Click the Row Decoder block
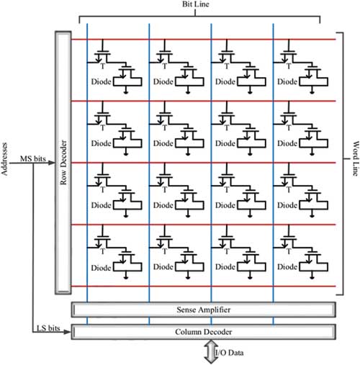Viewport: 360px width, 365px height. pyautogui.click(x=63, y=163)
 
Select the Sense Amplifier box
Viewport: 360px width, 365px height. pyautogui.click(x=203, y=310)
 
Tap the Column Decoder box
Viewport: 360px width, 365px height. pyautogui.click(x=203, y=332)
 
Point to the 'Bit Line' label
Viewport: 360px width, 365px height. pyautogui.click(x=196, y=4)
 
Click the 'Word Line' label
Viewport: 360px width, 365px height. pyautogui.click(x=356, y=158)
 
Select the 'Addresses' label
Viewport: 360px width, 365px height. pyautogui.click(x=4, y=159)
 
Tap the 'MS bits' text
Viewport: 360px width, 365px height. pyautogui.click(x=33, y=158)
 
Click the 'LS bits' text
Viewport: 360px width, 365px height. pyautogui.click(x=48, y=328)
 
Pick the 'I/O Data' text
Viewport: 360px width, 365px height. pyautogui.click(x=229, y=353)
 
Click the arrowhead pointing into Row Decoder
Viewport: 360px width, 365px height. pyautogui.click(x=52, y=163)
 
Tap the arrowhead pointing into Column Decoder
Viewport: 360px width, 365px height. pyautogui.click(x=68, y=332)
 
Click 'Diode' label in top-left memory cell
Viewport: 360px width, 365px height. pyautogui.click(x=101, y=81)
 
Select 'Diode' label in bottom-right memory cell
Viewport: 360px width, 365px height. pyautogui.click(x=287, y=267)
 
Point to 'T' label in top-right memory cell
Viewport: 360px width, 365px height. pyautogui.click(x=289, y=66)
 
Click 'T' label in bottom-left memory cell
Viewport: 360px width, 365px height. pyautogui.click(x=103, y=251)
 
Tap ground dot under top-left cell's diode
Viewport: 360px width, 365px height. pyautogui.click(x=126, y=92)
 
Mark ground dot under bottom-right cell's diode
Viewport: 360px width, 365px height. pyautogui.click(x=312, y=278)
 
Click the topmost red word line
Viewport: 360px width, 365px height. pyautogui.click(x=203, y=40)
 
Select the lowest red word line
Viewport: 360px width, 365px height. pyautogui.click(x=203, y=286)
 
